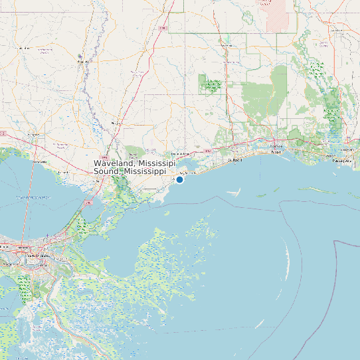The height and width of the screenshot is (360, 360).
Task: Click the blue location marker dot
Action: (x=179, y=179)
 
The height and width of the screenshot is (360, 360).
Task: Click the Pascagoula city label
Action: (x=343, y=161)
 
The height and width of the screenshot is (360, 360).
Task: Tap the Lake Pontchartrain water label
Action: (x=33, y=197)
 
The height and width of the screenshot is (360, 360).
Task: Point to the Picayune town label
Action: (x=117, y=124)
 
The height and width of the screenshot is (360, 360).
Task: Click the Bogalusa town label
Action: (x=84, y=62)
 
